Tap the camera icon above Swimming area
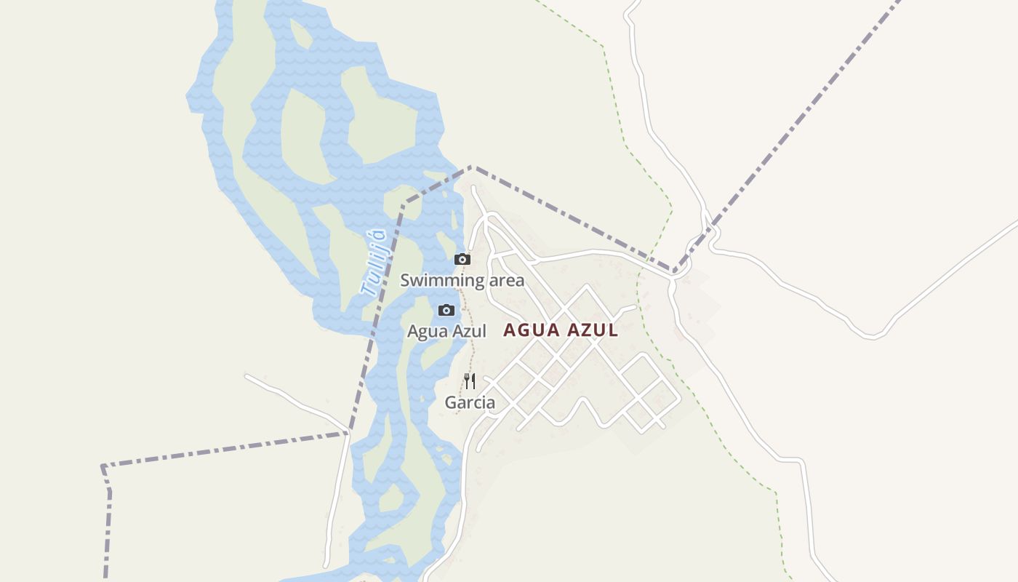462,259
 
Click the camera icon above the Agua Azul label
446,311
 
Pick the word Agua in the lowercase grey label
424,332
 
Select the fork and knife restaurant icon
470,380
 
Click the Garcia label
470,402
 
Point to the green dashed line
624,138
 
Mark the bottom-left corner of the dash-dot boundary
103,466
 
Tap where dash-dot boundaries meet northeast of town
675,272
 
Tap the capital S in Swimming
405,280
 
